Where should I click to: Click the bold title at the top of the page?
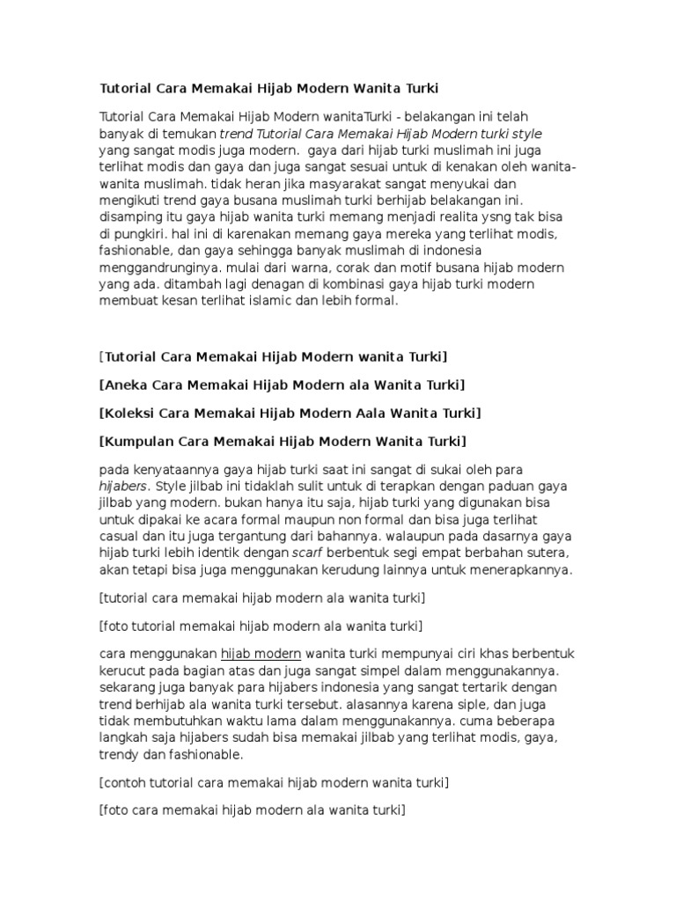[268, 89]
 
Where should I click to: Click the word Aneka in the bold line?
[127, 385]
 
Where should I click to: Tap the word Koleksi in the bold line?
[130, 413]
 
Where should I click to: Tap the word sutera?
[547, 553]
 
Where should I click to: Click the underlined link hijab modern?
[261, 654]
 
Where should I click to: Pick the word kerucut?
[122, 670]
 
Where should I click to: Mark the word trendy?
[121, 754]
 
